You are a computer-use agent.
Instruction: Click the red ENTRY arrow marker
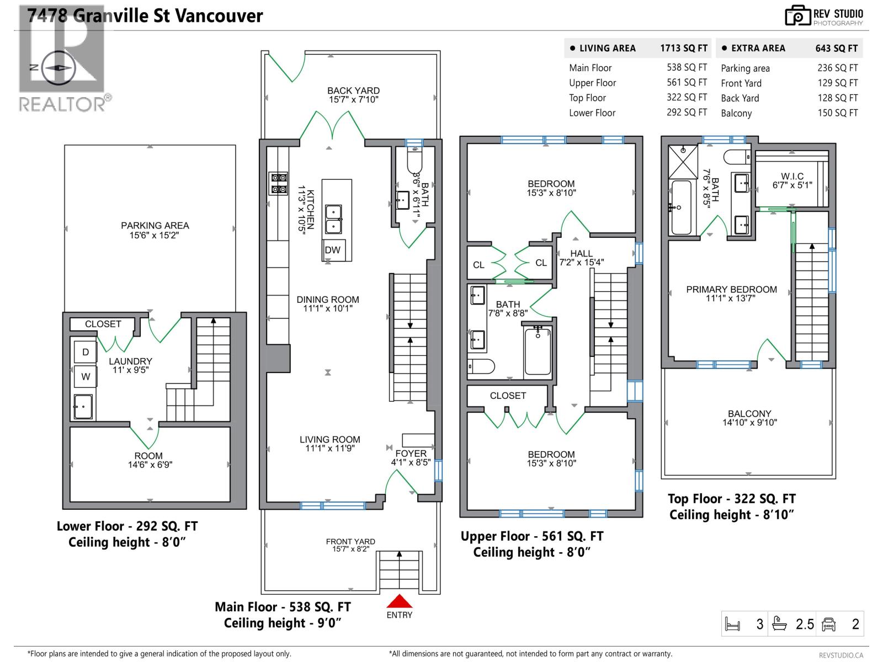(x=399, y=601)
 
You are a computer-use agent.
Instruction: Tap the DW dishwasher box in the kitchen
(x=333, y=250)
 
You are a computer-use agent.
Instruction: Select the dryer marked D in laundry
(x=86, y=352)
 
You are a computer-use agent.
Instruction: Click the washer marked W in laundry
(x=86, y=377)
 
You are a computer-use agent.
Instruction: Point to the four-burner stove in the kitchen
(x=279, y=184)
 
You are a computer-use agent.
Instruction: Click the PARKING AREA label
(x=155, y=226)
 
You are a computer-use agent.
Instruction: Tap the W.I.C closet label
(x=792, y=177)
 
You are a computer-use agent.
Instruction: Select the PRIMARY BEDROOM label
(x=731, y=290)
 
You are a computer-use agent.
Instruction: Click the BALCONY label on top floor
(x=749, y=414)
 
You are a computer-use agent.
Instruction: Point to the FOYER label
(x=411, y=453)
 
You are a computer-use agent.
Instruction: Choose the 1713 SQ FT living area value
(x=684, y=49)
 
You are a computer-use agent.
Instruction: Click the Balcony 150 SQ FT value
(x=837, y=113)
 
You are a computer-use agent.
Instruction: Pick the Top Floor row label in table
(x=587, y=98)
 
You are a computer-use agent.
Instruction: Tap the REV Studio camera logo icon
(x=797, y=16)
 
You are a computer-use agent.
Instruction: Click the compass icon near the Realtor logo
(x=58, y=68)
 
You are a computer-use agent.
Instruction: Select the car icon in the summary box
(x=828, y=624)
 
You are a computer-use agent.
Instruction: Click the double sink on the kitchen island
(x=333, y=219)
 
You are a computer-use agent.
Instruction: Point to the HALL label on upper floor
(x=581, y=254)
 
